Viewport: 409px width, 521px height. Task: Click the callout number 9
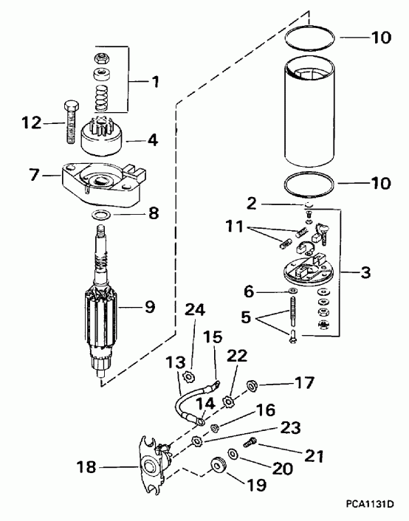(151, 304)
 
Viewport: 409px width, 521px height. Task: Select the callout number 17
(304, 383)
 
